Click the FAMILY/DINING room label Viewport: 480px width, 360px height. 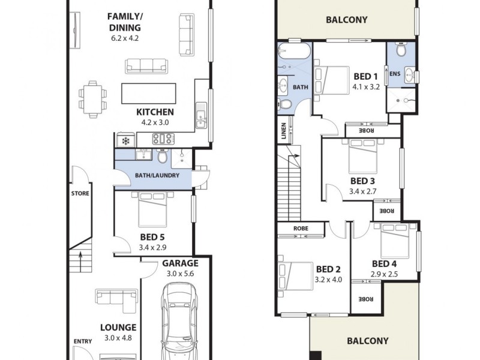tap(124, 22)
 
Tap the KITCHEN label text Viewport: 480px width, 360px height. tap(155, 112)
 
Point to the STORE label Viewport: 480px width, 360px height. tap(80, 194)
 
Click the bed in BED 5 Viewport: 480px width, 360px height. tap(154, 207)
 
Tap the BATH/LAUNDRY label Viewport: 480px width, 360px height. tap(154, 175)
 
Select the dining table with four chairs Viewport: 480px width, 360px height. tap(92, 96)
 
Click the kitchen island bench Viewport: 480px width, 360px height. tap(149, 93)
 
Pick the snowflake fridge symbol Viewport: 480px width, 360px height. tap(126, 142)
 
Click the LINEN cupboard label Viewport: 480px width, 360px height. tap(283, 131)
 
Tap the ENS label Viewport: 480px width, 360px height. tap(395, 74)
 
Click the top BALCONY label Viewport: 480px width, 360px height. tap(346, 20)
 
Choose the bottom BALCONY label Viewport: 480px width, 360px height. tap(367, 341)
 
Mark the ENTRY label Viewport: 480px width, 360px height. tap(83, 342)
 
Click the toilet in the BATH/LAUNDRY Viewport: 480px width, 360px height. tap(162, 157)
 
